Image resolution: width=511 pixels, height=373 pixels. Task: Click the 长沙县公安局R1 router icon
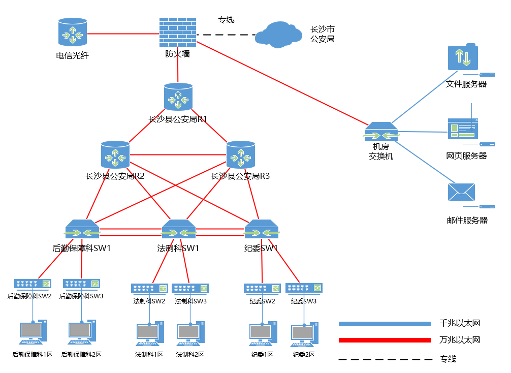coord(178,97)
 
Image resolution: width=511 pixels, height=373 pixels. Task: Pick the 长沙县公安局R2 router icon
coord(115,154)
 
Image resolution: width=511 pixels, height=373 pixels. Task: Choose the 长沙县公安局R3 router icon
coord(241,154)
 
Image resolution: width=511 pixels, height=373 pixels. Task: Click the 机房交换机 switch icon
coord(381,132)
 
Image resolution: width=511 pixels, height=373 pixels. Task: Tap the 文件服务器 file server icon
coord(463,57)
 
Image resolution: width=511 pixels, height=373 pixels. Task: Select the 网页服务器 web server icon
coord(463,129)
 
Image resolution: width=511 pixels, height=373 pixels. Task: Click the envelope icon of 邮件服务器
coord(461,193)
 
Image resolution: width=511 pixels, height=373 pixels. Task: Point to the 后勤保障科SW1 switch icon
coord(82,229)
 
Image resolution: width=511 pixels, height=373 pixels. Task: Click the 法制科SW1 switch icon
coord(178,229)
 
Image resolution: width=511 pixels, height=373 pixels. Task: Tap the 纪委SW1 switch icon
coord(262,229)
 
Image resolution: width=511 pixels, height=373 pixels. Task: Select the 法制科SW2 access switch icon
coord(149,289)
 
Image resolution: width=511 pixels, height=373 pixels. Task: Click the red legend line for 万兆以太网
coord(385,340)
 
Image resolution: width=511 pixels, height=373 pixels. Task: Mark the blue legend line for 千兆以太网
coord(385,324)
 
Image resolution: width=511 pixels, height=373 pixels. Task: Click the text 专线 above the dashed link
coord(226,20)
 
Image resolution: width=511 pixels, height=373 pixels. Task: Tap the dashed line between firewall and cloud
coord(226,35)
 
